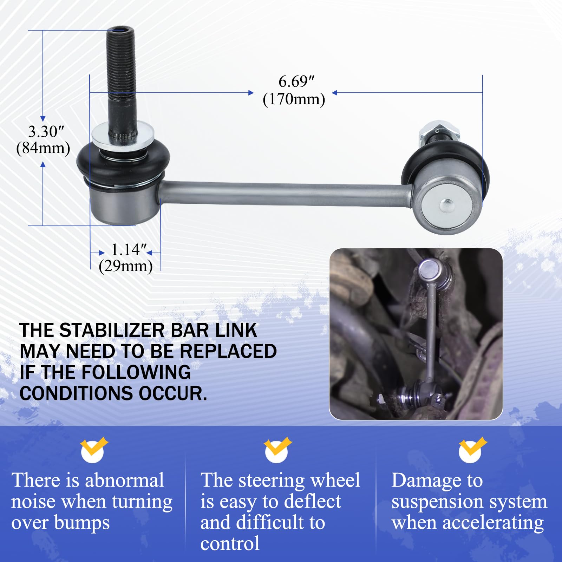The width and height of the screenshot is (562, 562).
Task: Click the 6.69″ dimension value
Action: click(x=296, y=82)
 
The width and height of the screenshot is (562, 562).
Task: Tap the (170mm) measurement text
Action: click(x=294, y=99)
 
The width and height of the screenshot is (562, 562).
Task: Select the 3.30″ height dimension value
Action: click(x=46, y=132)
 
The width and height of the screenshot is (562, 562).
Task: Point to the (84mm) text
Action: click(x=43, y=148)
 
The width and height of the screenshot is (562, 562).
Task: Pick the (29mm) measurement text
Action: click(x=125, y=266)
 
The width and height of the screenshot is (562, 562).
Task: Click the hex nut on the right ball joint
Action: click(x=439, y=131)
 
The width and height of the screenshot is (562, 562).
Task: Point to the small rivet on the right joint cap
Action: click(x=447, y=205)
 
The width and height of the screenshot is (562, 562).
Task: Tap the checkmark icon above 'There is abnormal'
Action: click(x=93, y=450)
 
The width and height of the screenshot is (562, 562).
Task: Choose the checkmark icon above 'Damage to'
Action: click(x=471, y=450)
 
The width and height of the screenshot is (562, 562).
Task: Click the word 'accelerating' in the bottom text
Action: click(x=493, y=523)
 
